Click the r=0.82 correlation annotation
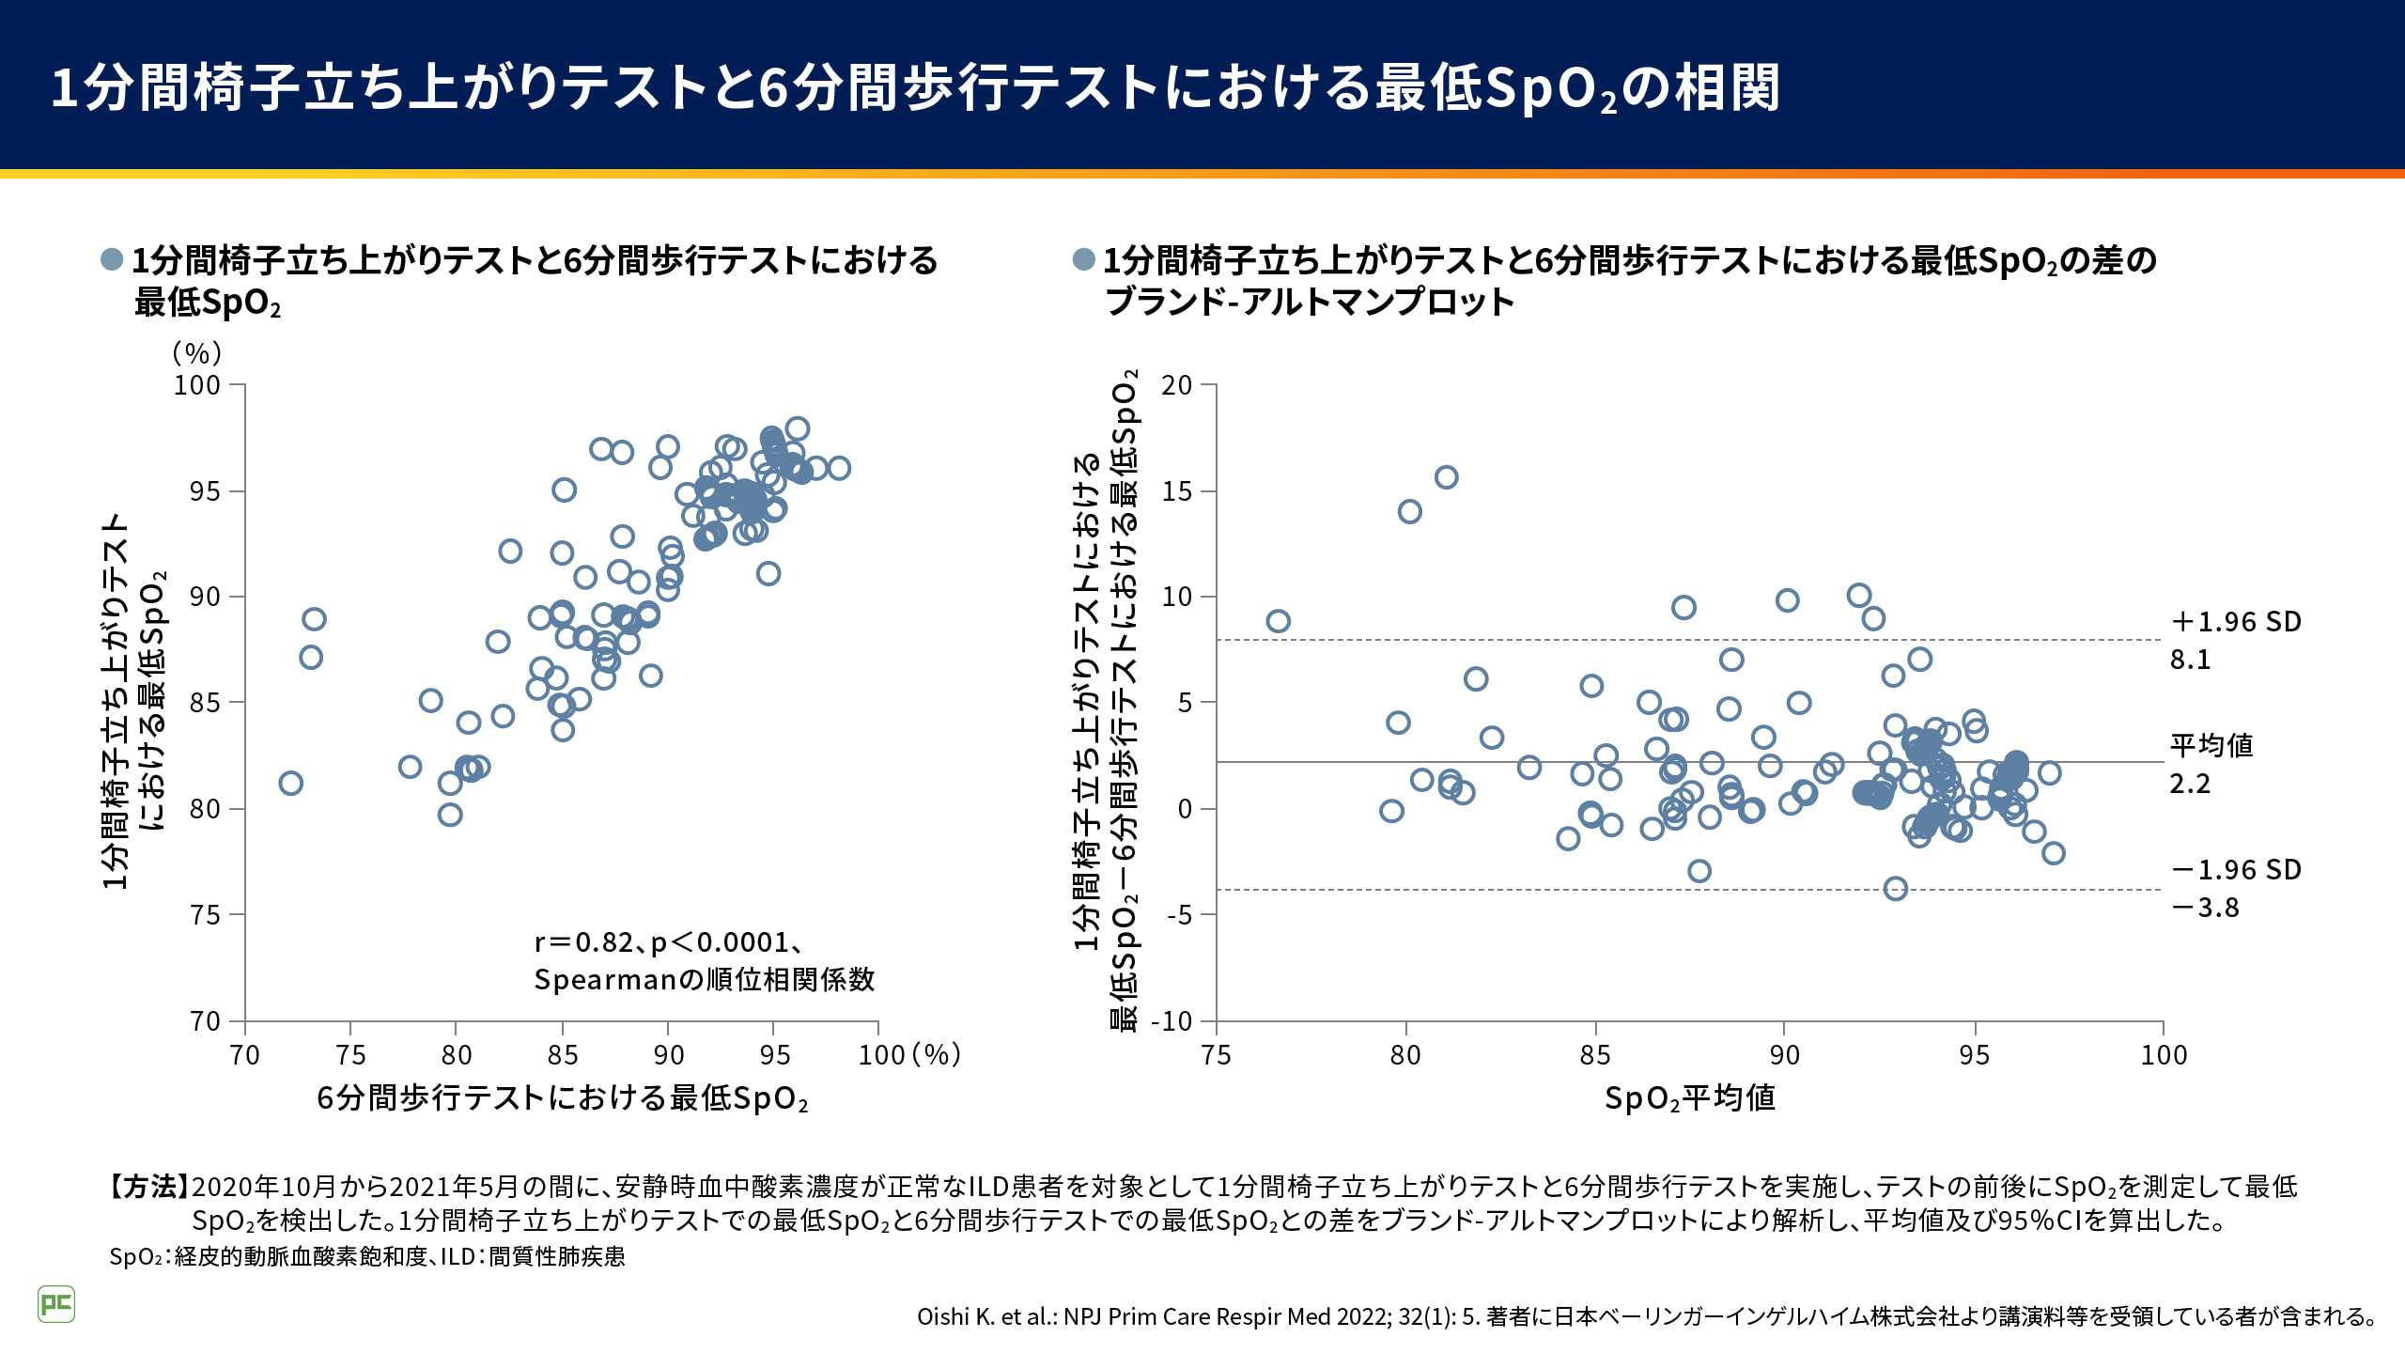667,942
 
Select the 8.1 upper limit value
2190,660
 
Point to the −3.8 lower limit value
2205,908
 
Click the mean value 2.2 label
2190,784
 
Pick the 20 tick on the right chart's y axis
1176,385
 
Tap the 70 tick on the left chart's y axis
205,1021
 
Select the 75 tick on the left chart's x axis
350,1055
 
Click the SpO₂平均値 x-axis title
1689,1098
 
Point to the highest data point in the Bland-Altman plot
1447,477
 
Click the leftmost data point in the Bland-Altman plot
1278,621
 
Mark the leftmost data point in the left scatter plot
291,784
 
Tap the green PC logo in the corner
56,1304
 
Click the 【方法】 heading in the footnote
148,1187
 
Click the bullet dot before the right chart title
1083,259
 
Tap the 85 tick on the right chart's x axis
1595,1055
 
